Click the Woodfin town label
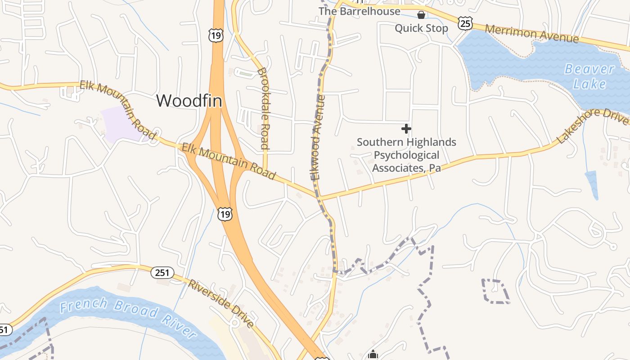point(189,100)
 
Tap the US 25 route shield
point(465,23)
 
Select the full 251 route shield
point(162,272)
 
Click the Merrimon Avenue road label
point(532,34)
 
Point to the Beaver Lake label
point(589,76)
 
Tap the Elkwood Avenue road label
point(318,137)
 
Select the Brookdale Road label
point(263,108)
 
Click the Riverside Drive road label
point(221,304)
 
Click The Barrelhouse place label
point(359,11)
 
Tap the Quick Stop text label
point(421,28)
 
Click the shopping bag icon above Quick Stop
point(421,15)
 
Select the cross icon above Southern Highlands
point(406,129)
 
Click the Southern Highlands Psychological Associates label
point(406,155)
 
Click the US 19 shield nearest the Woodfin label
point(216,35)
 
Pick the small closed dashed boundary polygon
point(495,291)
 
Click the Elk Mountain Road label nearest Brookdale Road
point(228,161)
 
